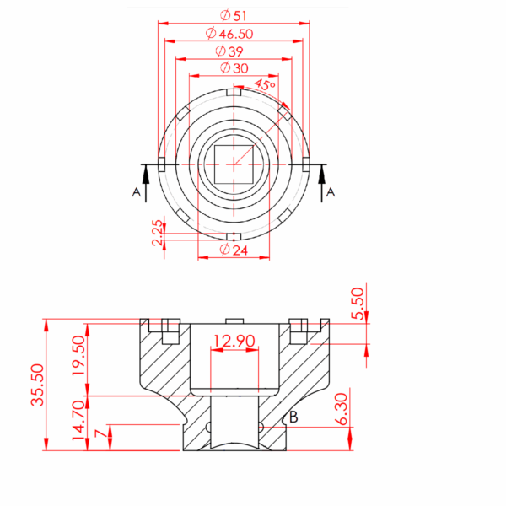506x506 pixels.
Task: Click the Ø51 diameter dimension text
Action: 234,15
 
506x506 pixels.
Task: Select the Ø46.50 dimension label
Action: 229,34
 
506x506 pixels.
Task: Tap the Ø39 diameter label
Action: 229,51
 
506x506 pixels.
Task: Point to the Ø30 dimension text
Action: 234,68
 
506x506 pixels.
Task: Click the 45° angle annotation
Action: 266,85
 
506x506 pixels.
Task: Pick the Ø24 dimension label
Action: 234,250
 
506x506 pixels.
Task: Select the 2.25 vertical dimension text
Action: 158,233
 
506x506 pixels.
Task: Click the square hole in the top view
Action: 234,164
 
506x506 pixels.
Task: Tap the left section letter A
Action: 136,192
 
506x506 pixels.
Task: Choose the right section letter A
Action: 331,192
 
